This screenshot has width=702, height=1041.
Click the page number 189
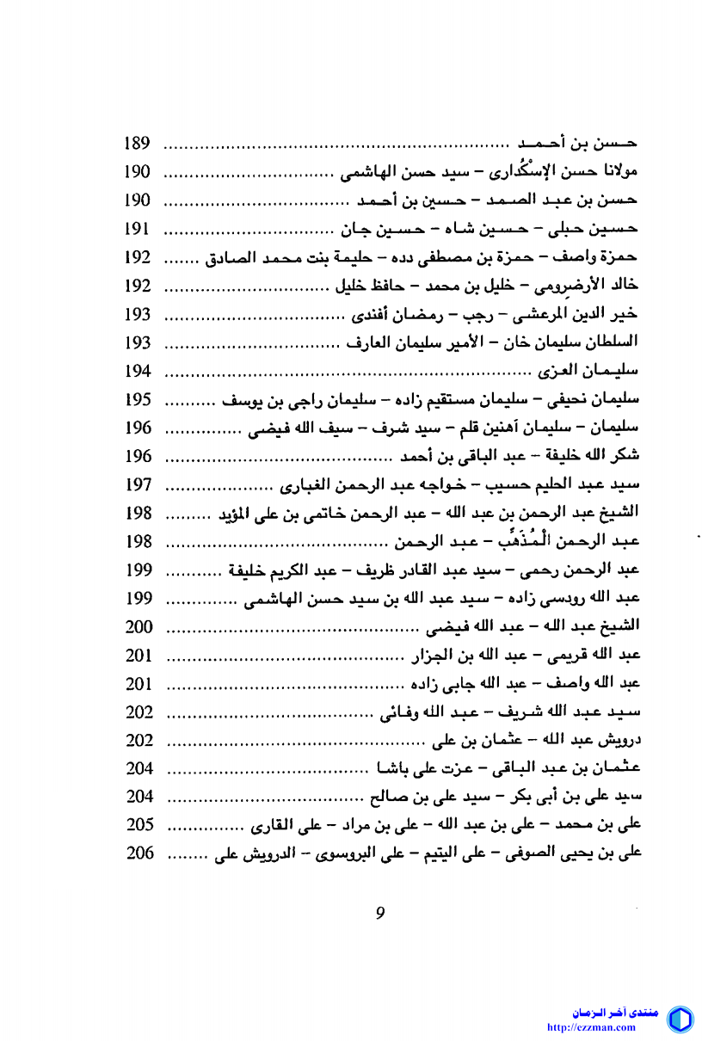tap(138, 144)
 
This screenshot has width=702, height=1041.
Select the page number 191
tap(138, 229)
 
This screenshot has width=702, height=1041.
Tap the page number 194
tap(138, 371)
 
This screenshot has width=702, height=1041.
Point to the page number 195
tap(138, 399)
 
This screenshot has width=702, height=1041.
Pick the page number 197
tap(138, 484)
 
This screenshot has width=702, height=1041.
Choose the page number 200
tap(138, 626)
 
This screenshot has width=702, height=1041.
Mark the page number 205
tap(138, 825)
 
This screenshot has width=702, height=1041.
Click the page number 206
tap(138, 853)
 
